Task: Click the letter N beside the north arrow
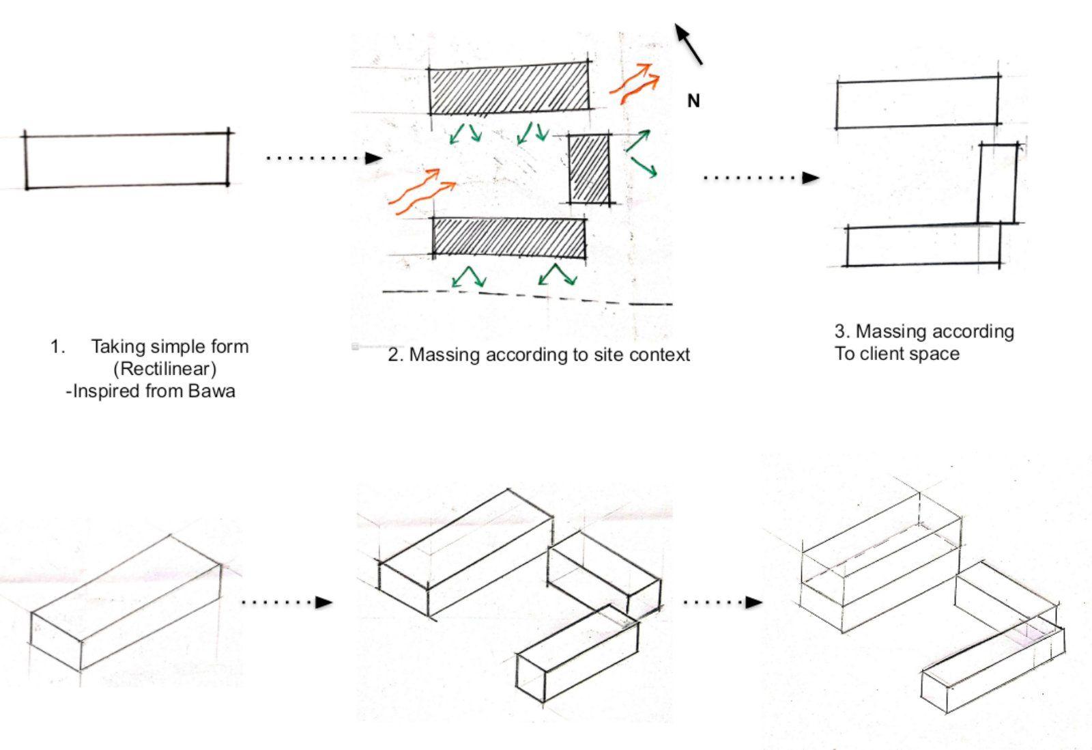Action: [x=693, y=101]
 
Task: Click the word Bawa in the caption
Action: [x=214, y=391]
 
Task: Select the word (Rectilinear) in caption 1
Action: [x=164, y=369]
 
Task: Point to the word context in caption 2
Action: [x=658, y=355]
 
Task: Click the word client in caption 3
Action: [x=887, y=354]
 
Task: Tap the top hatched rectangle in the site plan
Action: [x=509, y=89]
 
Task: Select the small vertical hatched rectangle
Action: [x=590, y=168]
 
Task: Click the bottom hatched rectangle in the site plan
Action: [x=509, y=237]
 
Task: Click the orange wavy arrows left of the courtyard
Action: [x=421, y=189]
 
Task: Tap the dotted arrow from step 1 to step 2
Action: [x=324, y=158]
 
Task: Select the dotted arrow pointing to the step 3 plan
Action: [x=760, y=178]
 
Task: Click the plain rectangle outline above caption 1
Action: [x=127, y=160]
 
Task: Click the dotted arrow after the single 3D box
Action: [x=287, y=602]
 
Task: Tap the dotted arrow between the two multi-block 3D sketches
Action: [x=722, y=602]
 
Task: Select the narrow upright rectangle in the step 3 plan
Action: [x=997, y=183]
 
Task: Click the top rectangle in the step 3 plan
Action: [x=918, y=102]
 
